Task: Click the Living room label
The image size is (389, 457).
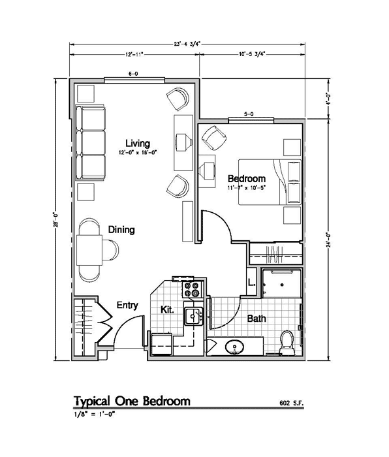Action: point(138,144)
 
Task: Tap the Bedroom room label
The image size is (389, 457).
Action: point(246,179)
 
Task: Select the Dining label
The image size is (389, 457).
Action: point(121,230)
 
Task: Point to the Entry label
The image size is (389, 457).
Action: point(127,305)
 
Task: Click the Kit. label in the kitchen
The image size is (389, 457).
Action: point(167,310)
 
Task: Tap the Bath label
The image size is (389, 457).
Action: point(255,319)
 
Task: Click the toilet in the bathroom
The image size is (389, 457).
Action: point(285,342)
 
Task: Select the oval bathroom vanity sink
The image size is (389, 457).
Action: point(234,347)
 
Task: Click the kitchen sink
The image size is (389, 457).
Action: point(194,317)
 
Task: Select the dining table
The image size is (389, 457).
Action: point(88,249)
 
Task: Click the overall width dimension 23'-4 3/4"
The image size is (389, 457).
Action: point(187,44)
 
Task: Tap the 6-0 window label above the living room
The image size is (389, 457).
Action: point(132,74)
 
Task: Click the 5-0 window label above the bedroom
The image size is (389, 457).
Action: point(249,115)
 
